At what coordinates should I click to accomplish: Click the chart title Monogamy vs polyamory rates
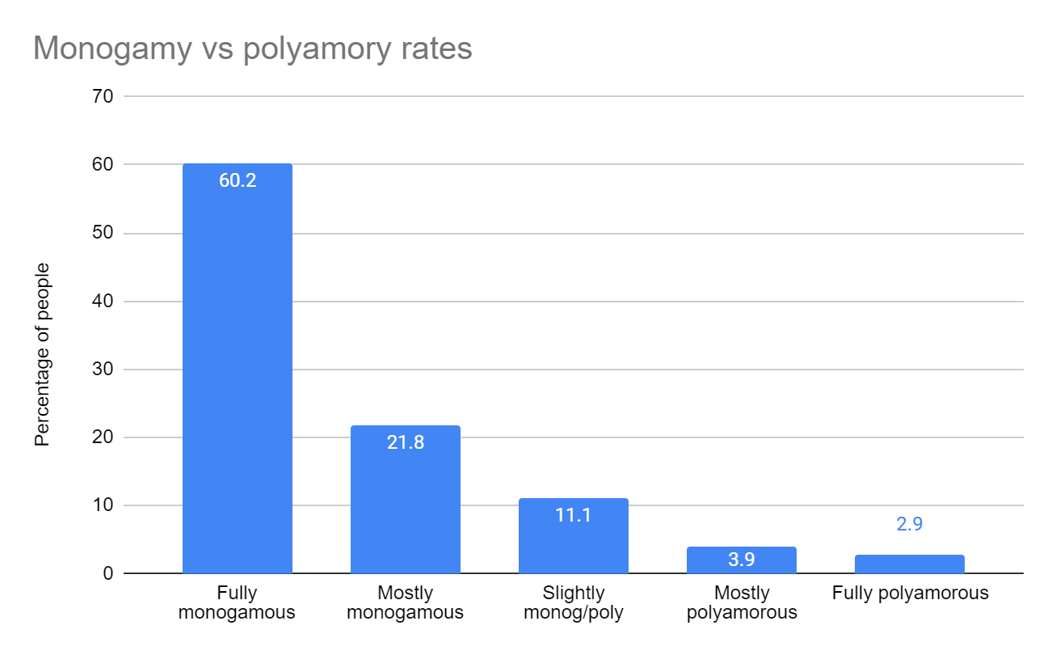pyautogui.click(x=252, y=49)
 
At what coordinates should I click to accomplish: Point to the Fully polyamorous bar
pyautogui.click(x=910, y=564)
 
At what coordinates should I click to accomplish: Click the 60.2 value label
pyautogui.click(x=238, y=180)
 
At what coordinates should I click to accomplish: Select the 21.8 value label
pyautogui.click(x=406, y=442)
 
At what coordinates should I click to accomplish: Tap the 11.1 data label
pyautogui.click(x=574, y=515)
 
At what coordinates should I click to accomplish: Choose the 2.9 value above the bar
pyautogui.click(x=910, y=524)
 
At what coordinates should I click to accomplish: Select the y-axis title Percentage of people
pyautogui.click(x=42, y=354)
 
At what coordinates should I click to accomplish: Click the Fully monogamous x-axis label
pyautogui.click(x=238, y=602)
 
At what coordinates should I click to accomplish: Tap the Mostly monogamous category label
pyautogui.click(x=406, y=602)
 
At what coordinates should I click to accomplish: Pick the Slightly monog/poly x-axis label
pyautogui.click(x=574, y=602)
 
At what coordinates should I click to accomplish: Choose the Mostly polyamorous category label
pyautogui.click(x=742, y=602)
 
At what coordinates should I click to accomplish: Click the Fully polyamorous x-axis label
pyautogui.click(x=910, y=594)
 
